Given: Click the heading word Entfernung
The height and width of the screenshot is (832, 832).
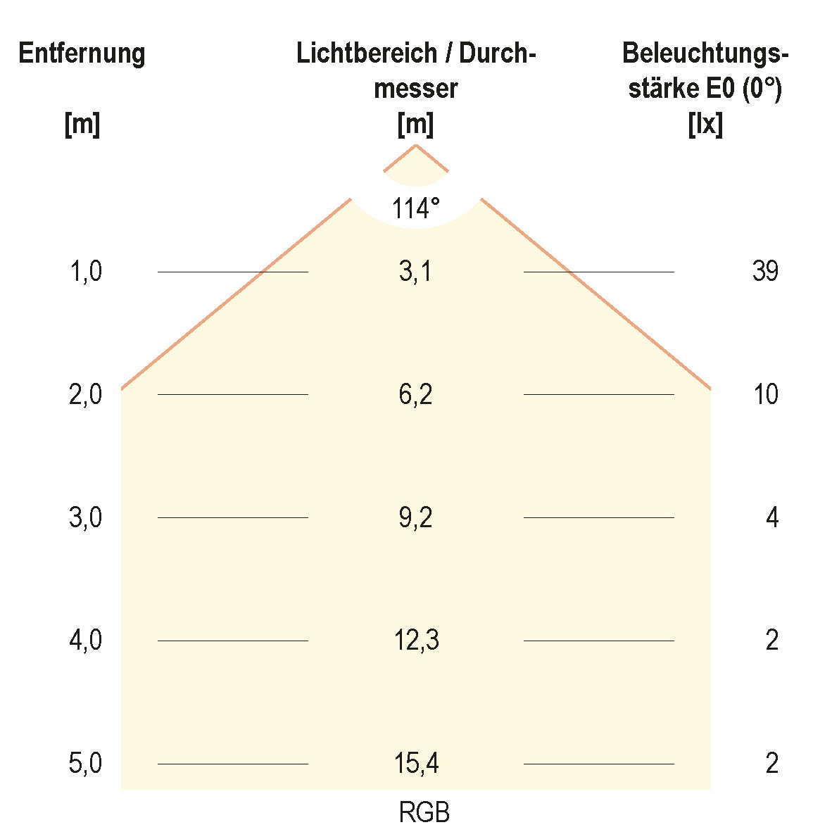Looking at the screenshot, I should click(x=82, y=54).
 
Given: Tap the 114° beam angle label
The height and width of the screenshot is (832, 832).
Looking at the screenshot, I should click(x=416, y=209).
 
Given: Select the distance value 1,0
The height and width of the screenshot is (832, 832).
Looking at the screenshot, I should click(x=86, y=271).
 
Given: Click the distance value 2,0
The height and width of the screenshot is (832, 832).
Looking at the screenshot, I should click(x=86, y=395).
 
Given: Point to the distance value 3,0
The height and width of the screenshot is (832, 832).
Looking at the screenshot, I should click(x=86, y=518).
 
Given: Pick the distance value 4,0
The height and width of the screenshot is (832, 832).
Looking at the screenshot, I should click(x=86, y=641).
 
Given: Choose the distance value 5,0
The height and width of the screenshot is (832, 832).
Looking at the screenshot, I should click(x=86, y=764).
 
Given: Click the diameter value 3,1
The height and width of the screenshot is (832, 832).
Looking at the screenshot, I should click(x=415, y=271).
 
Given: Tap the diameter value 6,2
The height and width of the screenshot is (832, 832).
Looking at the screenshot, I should click(x=415, y=395).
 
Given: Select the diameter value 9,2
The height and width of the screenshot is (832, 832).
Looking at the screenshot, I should click(x=415, y=518).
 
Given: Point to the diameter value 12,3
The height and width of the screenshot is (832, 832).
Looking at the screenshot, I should click(x=417, y=641).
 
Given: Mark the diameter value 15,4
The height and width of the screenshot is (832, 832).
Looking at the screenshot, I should click(x=417, y=764).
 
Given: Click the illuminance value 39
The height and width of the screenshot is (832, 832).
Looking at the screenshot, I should click(x=765, y=271).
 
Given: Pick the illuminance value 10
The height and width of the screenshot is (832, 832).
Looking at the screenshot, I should click(x=766, y=395).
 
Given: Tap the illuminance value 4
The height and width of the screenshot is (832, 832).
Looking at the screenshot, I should click(x=772, y=518).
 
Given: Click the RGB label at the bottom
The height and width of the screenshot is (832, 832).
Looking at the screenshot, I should click(x=424, y=813).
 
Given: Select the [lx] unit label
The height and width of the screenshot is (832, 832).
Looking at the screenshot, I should click(x=705, y=125).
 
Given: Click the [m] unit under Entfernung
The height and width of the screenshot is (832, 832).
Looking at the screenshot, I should click(x=82, y=125).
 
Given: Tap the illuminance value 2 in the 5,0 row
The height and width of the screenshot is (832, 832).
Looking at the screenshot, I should click(x=772, y=764).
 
